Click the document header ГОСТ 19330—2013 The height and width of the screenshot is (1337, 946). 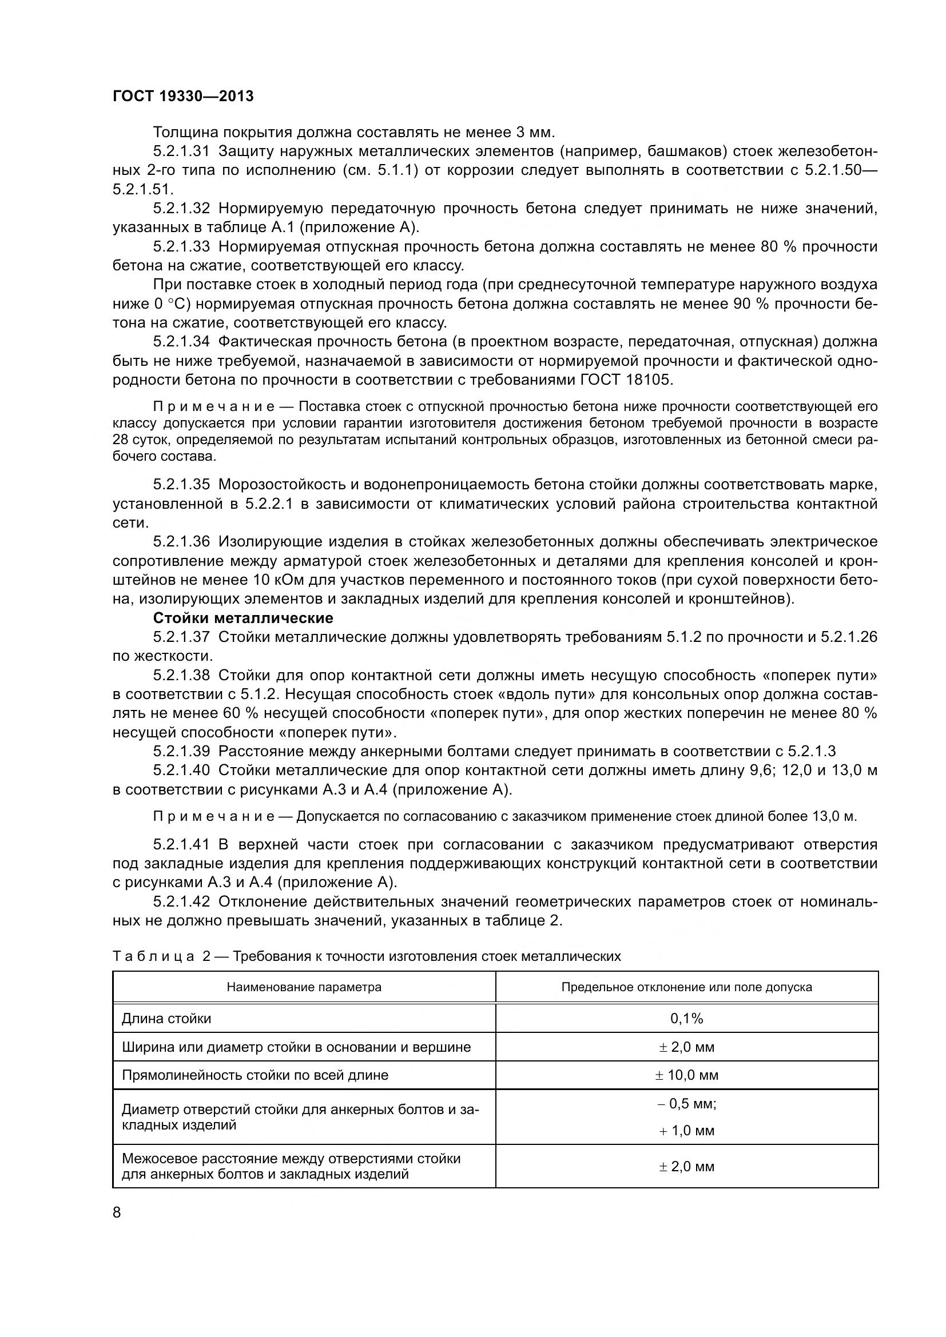183,96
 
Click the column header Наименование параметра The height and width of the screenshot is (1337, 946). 304,987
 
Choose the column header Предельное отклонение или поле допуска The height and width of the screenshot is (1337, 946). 686,987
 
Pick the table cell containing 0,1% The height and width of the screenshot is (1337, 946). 686,1019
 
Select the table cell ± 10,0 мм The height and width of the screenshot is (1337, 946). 686,1075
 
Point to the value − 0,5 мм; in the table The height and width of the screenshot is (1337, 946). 686,1103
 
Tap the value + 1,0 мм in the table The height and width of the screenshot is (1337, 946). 686,1130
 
